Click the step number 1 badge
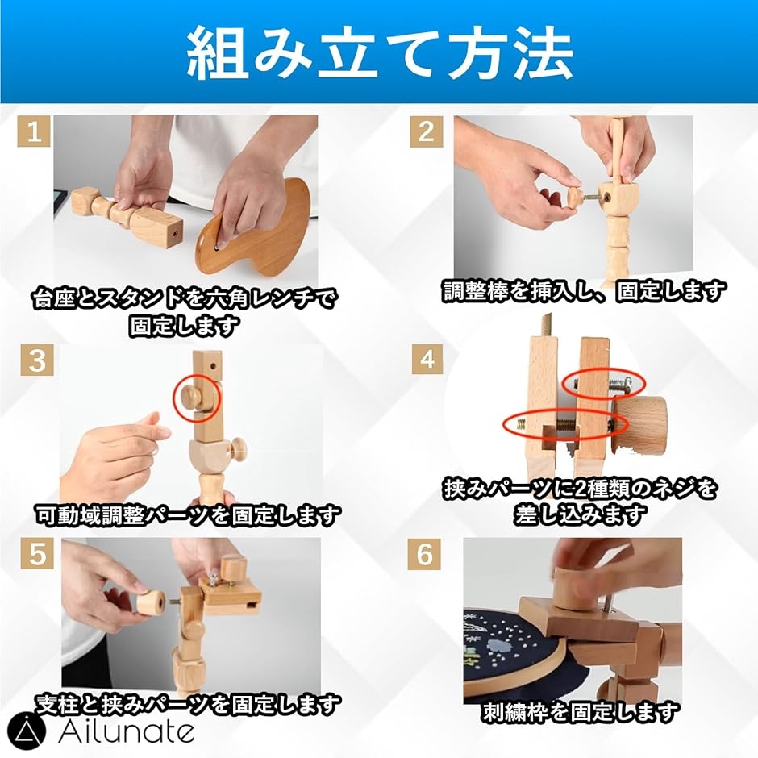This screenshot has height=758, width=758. pyautogui.click(x=34, y=131)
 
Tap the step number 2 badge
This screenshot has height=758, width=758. pyautogui.click(x=427, y=131)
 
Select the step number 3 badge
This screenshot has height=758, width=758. pyautogui.click(x=37, y=360)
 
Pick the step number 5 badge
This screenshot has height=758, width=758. pyautogui.click(x=37, y=554)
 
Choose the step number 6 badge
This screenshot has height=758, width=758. pyautogui.click(x=424, y=554)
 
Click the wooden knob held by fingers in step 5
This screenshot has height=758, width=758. pyautogui.click(x=151, y=603)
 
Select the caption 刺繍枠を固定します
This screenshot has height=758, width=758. pyautogui.click(x=580, y=712)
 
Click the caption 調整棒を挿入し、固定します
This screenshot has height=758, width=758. pyautogui.click(x=585, y=291)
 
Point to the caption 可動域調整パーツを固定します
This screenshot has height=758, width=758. pyautogui.click(x=186, y=516)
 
